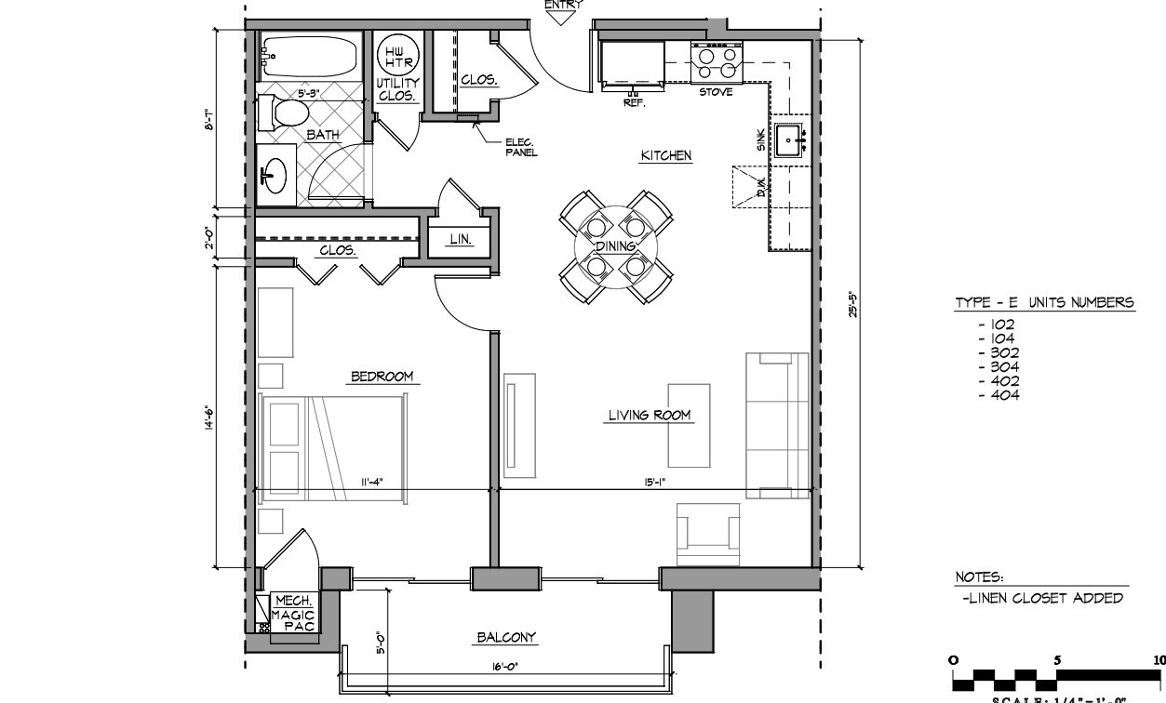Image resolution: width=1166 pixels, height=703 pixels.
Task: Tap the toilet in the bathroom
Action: [x=290, y=113]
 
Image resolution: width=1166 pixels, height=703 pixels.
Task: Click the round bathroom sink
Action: [x=275, y=173]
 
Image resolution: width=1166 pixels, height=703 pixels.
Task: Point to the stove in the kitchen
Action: [x=717, y=63]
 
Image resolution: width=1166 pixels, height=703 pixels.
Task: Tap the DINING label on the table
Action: [x=615, y=246]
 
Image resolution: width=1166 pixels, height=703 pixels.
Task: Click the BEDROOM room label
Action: [x=381, y=377]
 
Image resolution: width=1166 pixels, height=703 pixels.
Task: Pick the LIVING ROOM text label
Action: [x=650, y=415]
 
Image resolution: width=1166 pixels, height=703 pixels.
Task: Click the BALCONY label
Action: [x=506, y=638]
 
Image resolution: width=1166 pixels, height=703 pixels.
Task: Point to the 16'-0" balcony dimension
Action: [x=505, y=666]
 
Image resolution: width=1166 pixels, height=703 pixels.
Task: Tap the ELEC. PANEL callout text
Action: [x=521, y=147]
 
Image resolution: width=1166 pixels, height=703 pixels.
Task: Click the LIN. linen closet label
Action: [x=460, y=239]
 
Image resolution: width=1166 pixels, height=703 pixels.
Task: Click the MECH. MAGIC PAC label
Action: [x=293, y=615]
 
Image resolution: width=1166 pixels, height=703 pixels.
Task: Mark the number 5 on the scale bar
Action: [x=1056, y=659]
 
